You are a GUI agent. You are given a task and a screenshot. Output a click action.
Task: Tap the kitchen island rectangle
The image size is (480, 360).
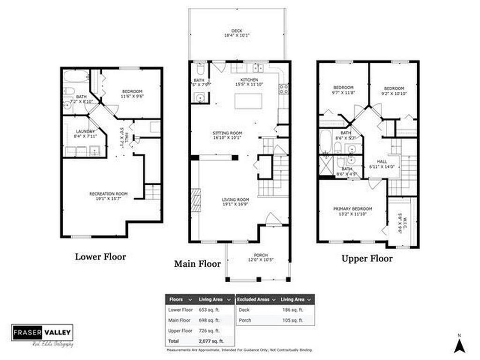[x=248, y=101]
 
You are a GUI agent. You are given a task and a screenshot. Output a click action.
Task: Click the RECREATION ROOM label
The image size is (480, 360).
[x=108, y=194]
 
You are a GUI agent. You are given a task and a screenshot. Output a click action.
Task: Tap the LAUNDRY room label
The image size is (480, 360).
[x=85, y=132]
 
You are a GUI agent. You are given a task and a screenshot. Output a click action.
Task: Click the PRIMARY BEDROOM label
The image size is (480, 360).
[x=352, y=209]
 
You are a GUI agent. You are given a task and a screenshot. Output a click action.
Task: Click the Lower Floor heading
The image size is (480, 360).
[x=100, y=256]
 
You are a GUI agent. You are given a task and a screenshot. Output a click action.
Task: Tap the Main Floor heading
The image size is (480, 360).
[x=197, y=264]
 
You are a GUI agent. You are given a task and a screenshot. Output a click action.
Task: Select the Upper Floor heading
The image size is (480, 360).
[x=367, y=258]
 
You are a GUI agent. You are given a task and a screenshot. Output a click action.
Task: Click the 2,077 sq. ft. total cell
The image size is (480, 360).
[x=211, y=341]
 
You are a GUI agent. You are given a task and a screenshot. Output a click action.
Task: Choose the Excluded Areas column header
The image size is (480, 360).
[x=254, y=299]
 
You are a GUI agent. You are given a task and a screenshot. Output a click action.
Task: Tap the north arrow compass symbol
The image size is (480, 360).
[x=459, y=345]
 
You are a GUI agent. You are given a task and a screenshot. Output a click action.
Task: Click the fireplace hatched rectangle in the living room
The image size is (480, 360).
[x=195, y=201]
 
